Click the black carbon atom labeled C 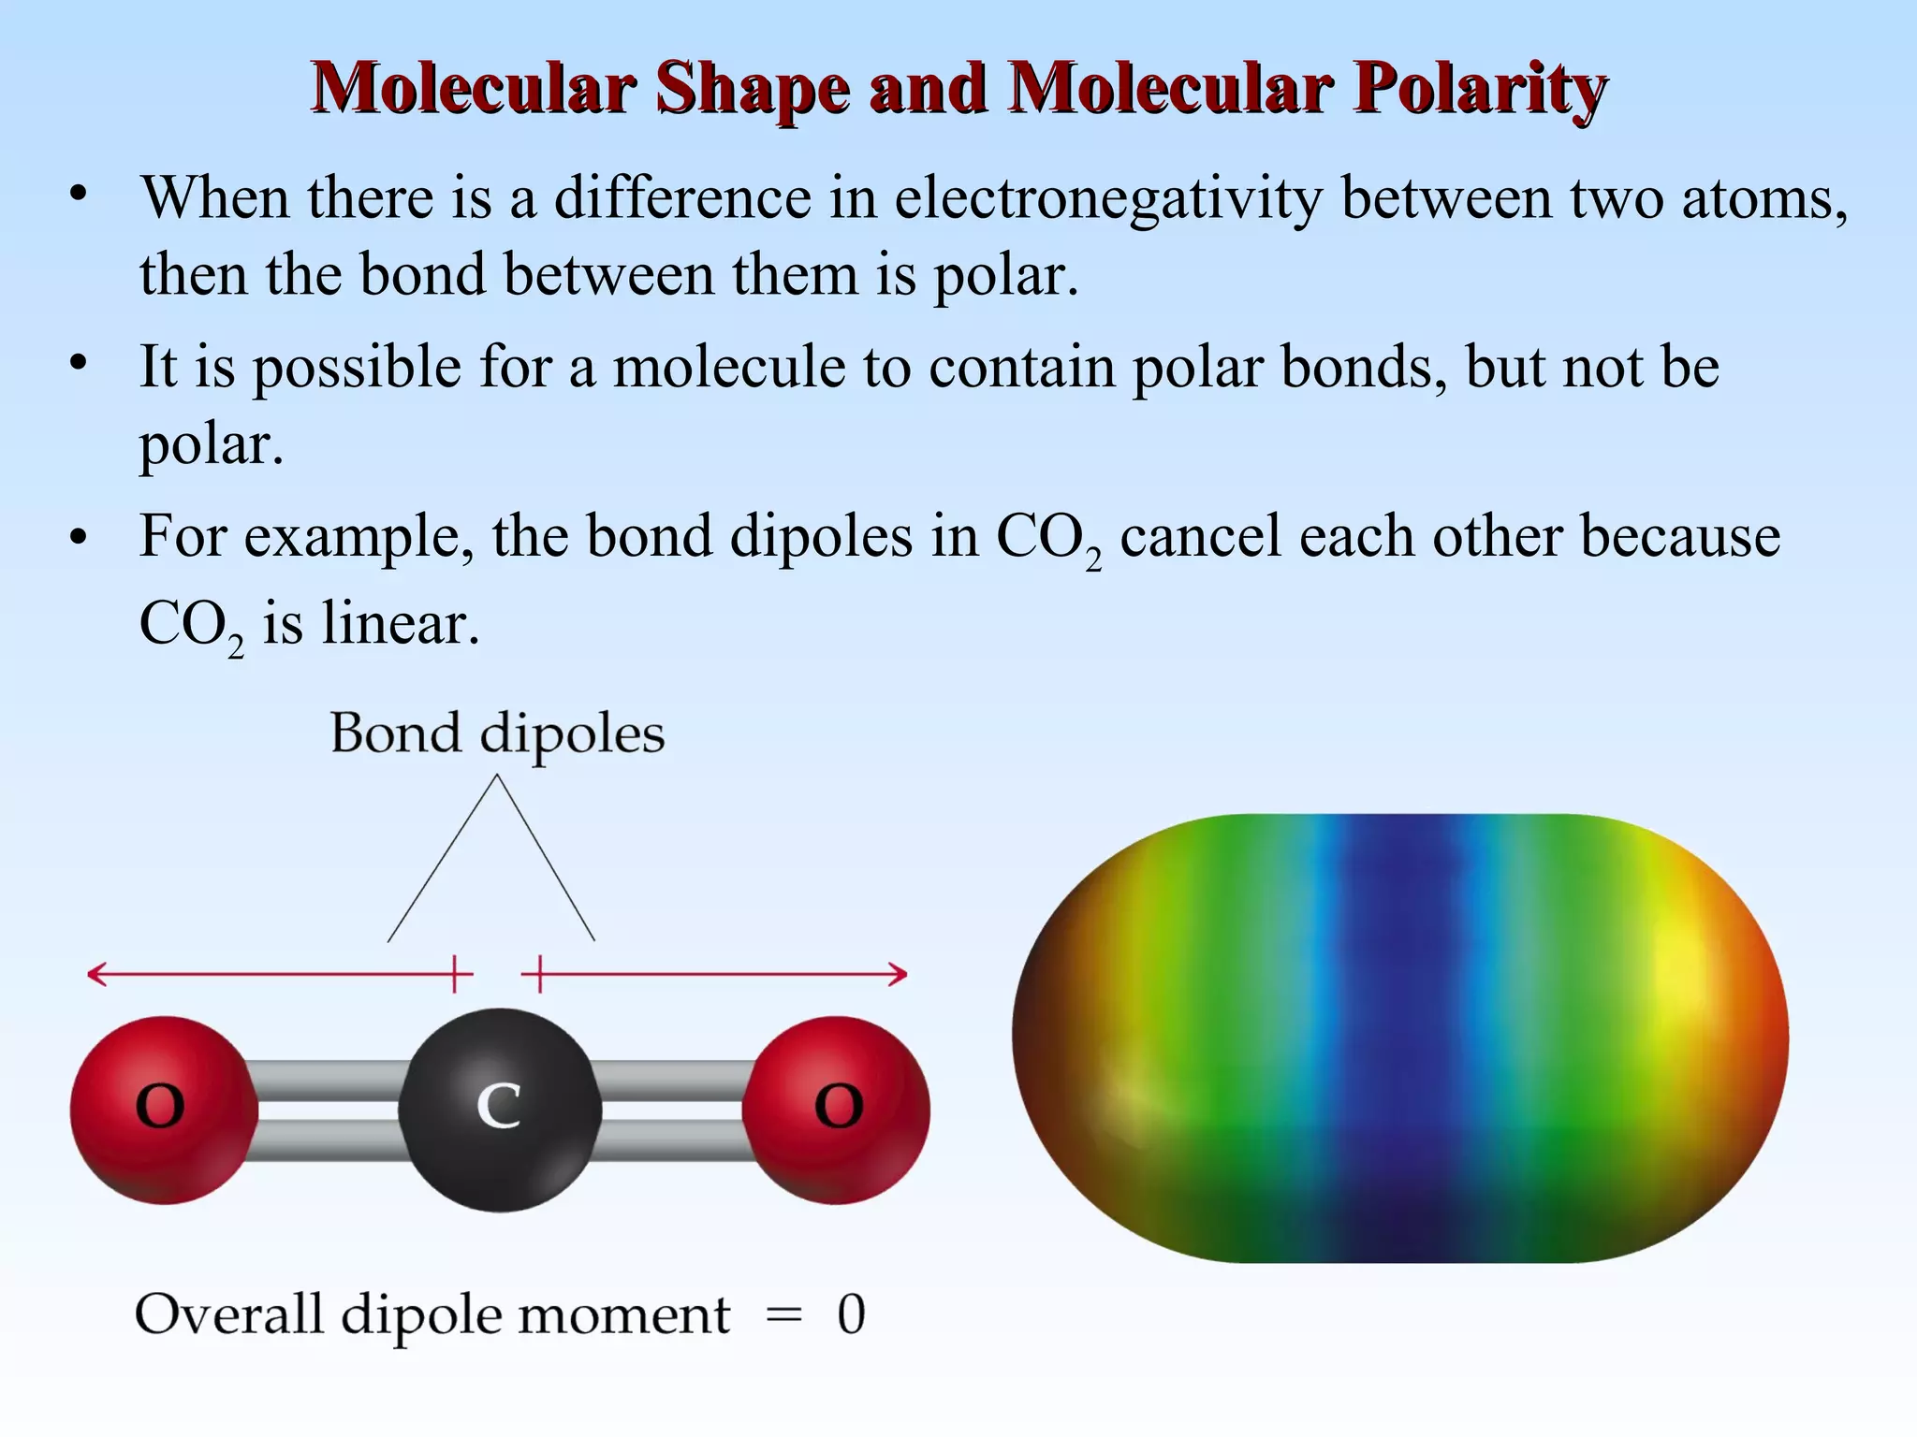click(x=500, y=1110)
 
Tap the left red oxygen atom click(x=163, y=1110)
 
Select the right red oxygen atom click(x=837, y=1110)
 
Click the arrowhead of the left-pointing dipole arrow click(x=94, y=975)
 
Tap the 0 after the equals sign click(x=851, y=1315)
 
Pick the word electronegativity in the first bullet click(x=1108, y=199)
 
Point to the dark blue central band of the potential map click(x=1398, y=1038)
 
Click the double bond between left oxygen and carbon click(x=328, y=1110)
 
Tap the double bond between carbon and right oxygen click(x=672, y=1110)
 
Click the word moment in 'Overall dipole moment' click(x=623, y=1315)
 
